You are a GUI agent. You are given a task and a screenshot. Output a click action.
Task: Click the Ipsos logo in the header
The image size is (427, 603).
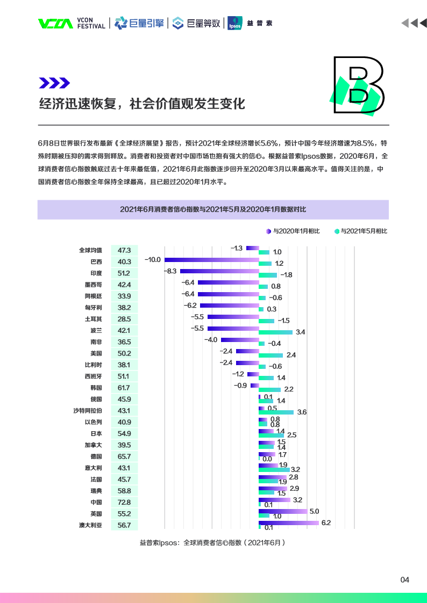(x=234, y=23)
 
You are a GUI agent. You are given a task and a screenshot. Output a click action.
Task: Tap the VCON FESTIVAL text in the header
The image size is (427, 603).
(x=91, y=23)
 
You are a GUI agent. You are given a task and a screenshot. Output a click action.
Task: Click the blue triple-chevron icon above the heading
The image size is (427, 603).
(x=54, y=83)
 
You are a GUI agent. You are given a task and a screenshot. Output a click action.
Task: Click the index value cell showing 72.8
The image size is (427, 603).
(x=124, y=502)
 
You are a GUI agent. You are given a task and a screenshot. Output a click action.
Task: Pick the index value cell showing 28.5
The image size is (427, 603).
(x=124, y=319)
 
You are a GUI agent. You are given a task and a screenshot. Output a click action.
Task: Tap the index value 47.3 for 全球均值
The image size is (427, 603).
(x=124, y=250)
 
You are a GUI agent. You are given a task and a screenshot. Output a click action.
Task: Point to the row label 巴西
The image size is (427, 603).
(x=96, y=262)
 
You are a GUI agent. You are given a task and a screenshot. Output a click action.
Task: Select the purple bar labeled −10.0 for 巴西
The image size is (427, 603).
(x=211, y=259)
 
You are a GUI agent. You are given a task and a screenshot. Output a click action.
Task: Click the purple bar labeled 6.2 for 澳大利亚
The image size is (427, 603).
(x=288, y=522)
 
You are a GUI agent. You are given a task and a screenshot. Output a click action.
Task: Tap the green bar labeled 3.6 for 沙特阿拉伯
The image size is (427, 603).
(x=276, y=412)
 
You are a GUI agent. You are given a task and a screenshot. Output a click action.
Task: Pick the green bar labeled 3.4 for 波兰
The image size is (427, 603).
(x=275, y=332)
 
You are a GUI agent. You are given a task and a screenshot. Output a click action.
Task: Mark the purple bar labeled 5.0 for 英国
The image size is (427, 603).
(x=283, y=511)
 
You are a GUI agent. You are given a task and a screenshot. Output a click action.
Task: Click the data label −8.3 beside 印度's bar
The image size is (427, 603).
(x=171, y=271)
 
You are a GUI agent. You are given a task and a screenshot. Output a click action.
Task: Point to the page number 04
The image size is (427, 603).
(x=405, y=580)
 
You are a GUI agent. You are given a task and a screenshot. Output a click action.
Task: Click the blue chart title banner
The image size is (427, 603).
(x=213, y=209)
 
